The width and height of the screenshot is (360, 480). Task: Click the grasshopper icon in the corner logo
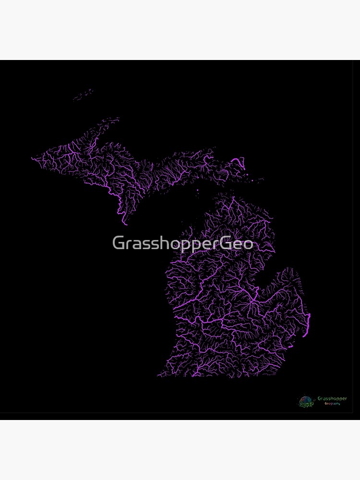(x=305, y=401)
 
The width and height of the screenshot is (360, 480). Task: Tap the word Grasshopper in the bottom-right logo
(x=332, y=398)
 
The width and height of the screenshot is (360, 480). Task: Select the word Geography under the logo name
(x=332, y=404)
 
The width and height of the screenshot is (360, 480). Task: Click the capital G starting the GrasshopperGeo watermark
(x=118, y=243)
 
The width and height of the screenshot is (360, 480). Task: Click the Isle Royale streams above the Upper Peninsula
(x=84, y=95)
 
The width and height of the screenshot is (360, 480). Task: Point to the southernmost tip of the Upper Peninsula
(x=126, y=224)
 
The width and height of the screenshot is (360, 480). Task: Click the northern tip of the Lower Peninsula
(x=233, y=196)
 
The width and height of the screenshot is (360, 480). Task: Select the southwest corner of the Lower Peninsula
(x=159, y=375)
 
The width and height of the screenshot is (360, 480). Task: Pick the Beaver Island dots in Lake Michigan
(x=197, y=192)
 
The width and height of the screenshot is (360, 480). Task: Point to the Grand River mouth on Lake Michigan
(x=174, y=307)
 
